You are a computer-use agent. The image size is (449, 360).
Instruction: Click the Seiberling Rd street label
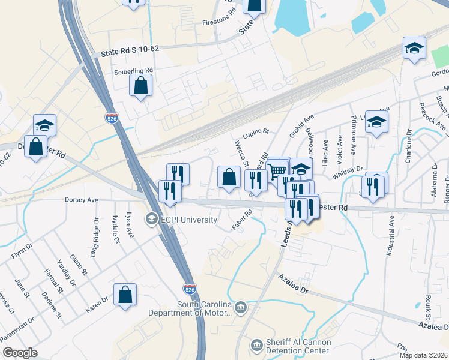133,70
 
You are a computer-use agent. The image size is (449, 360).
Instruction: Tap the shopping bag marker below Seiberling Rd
140,86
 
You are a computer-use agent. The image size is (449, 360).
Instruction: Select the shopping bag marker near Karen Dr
125,295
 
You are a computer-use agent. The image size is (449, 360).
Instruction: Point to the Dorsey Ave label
81,200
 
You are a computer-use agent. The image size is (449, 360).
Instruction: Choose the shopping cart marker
277,170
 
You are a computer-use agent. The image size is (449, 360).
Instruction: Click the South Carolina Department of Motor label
204,308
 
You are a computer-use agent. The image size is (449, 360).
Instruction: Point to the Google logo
20,353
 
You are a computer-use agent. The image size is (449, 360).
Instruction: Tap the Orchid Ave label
301,125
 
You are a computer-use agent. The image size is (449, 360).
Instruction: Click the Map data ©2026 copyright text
424,355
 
